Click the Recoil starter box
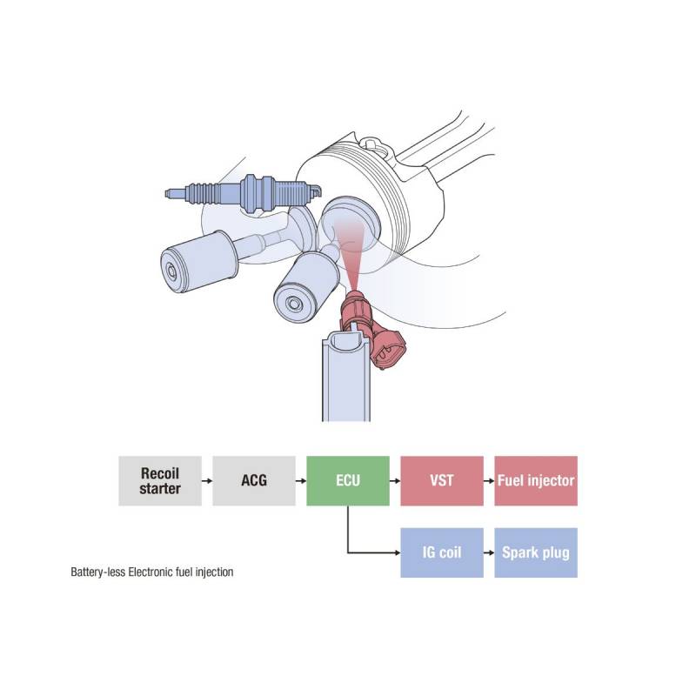point(160,481)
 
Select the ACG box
point(254,481)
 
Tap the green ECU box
point(348,481)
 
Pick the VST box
point(442,481)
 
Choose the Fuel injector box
point(536,481)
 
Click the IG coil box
point(442,552)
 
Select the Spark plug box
point(536,552)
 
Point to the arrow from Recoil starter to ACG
point(207,481)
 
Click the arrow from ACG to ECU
point(301,481)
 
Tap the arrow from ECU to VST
point(395,481)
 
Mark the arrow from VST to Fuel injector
point(489,481)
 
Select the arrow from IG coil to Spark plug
point(489,552)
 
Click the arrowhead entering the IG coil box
point(398,552)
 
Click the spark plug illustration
point(244,194)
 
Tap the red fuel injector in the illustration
point(368,326)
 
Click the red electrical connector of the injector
point(388,349)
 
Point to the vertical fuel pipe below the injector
point(345,378)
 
